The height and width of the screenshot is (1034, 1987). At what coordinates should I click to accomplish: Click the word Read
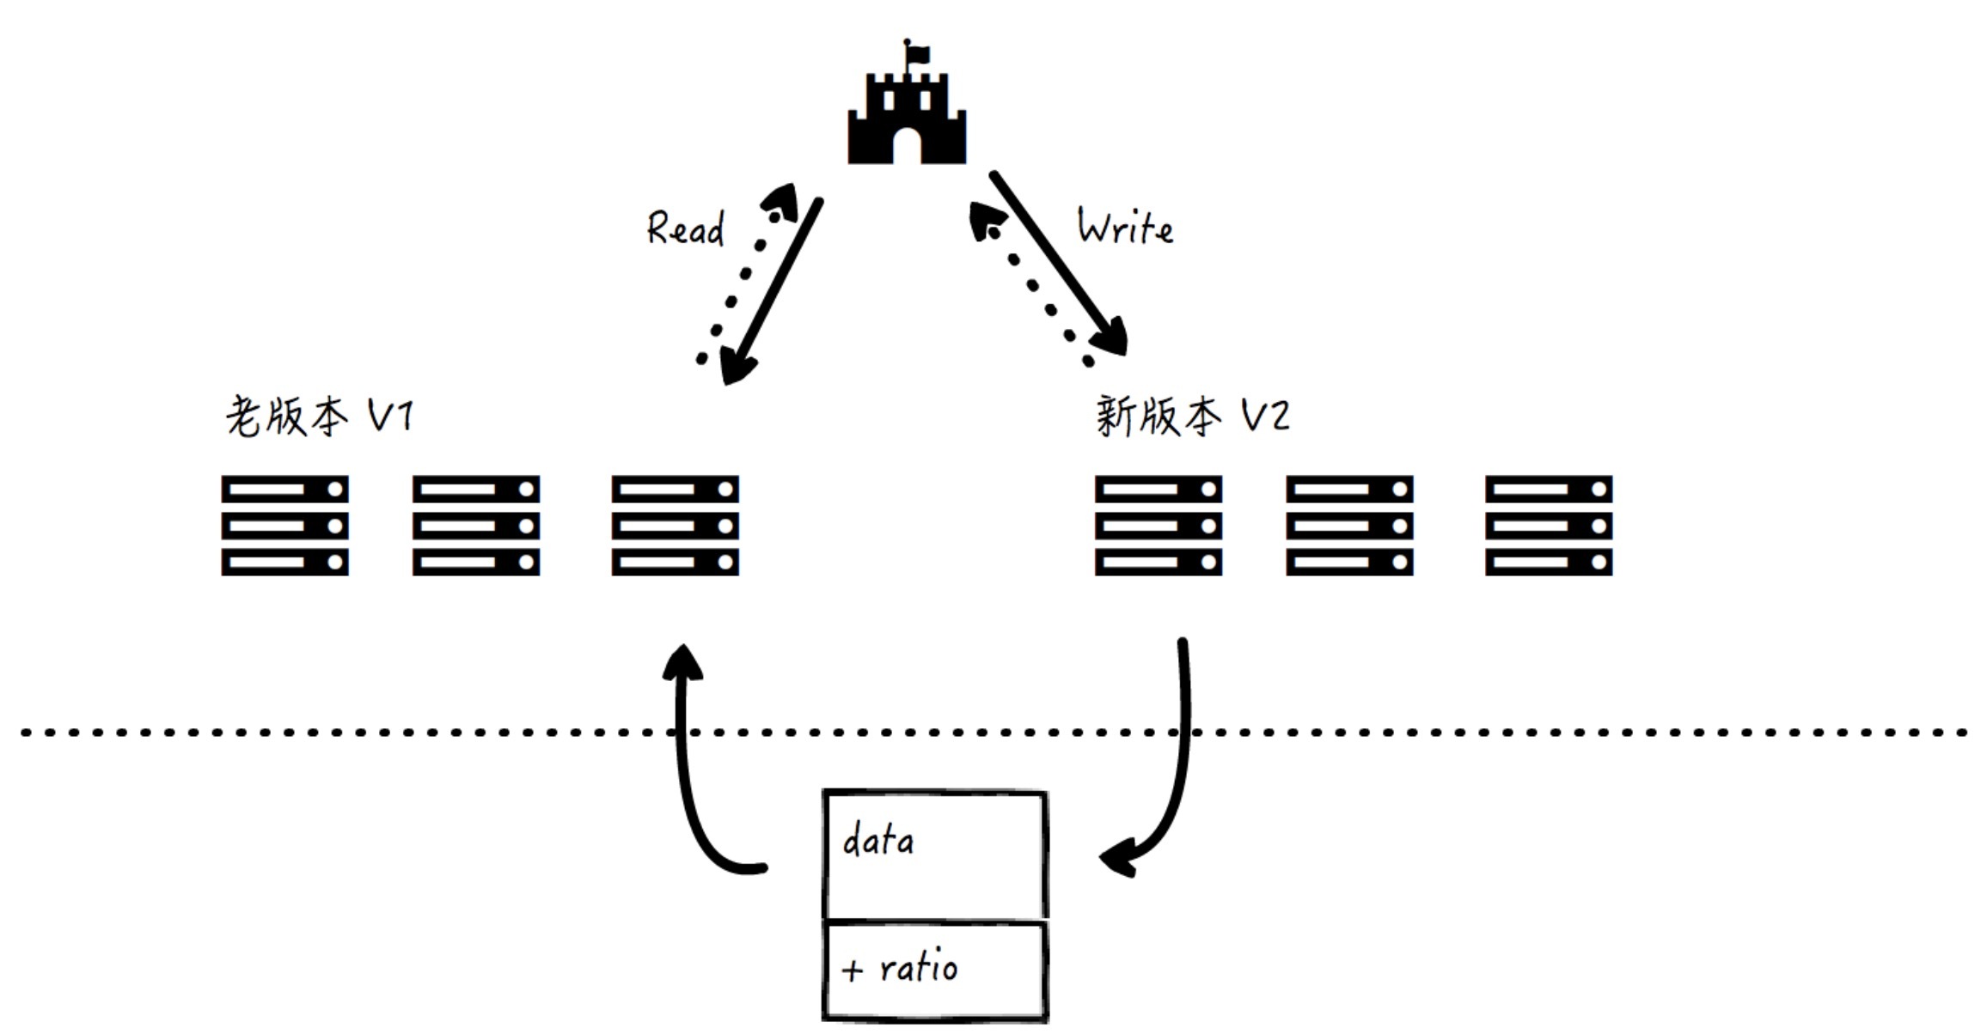(x=685, y=229)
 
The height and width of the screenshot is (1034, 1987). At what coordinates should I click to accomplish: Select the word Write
(x=1125, y=228)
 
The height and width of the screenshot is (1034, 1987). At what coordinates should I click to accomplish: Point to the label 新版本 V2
(x=1192, y=417)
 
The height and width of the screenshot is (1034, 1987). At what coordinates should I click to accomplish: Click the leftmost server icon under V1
(x=284, y=526)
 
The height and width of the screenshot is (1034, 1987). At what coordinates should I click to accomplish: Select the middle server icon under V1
(x=476, y=526)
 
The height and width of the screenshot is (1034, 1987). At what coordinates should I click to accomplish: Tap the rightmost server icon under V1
(x=675, y=526)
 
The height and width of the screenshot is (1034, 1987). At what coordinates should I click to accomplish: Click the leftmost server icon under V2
(x=1158, y=526)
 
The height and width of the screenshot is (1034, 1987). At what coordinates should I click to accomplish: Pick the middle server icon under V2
(x=1349, y=526)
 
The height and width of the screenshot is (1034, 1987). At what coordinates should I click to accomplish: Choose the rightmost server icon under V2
(x=1548, y=526)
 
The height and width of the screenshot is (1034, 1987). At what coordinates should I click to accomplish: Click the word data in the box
(x=877, y=840)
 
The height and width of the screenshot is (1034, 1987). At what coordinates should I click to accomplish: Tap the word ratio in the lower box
(x=918, y=968)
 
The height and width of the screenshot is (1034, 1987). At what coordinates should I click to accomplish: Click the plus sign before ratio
(x=852, y=970)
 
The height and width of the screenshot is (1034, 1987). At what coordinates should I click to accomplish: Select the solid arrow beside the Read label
(x=773, y=292)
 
